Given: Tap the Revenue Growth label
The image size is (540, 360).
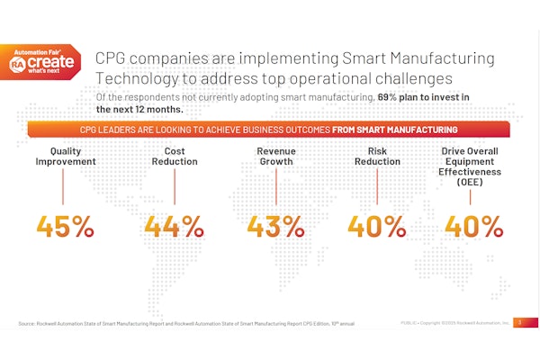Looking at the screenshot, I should (x=276, y=156).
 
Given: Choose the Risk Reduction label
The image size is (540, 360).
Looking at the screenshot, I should (x=377, y=156).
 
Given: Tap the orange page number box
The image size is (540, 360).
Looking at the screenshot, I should (x=518, y=322).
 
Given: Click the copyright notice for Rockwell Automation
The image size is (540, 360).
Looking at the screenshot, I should (x=454, y=322).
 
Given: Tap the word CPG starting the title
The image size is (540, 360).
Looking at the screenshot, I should (x=112, y=58).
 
